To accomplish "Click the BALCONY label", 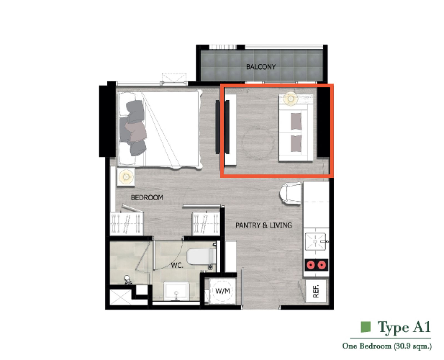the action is (261, 67).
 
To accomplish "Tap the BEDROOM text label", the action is (147, 197).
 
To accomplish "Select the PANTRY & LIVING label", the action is (264, 225).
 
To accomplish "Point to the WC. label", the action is (177, 266).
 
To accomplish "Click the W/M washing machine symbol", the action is (223, 291).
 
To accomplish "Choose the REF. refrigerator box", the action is (316, 291).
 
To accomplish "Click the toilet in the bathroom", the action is (201, 256).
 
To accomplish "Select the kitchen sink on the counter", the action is (316, 241).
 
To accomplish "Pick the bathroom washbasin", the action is (176, 291).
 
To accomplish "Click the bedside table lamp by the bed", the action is (126, 177).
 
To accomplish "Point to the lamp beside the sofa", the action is (290, 98).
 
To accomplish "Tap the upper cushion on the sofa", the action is (296, 121).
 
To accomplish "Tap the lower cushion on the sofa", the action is (296, 143).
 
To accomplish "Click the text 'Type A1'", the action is (404, 327).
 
